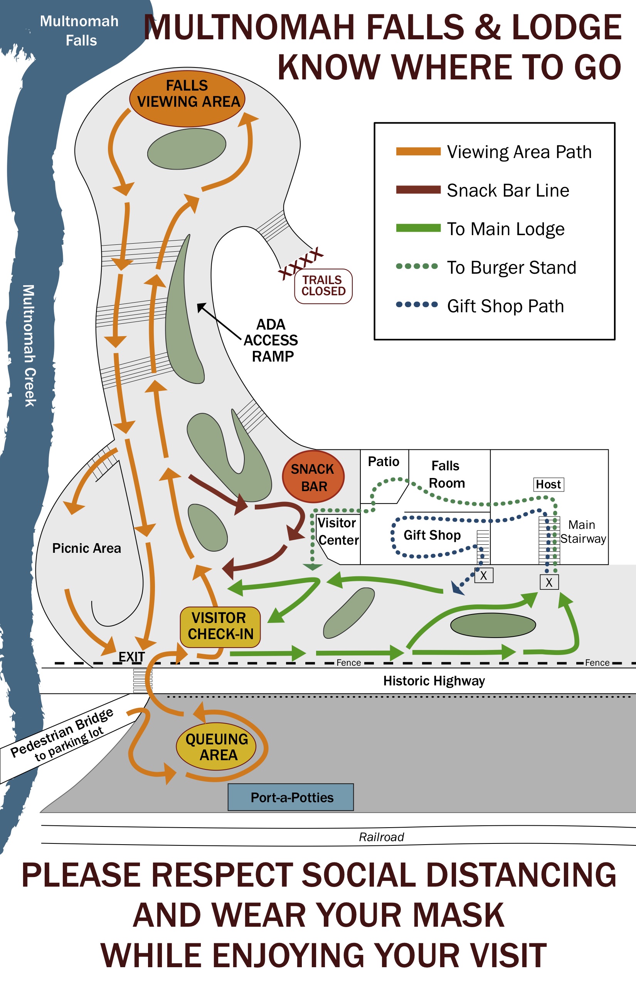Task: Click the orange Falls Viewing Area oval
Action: point(187,98)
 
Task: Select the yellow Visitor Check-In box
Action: point(220,626)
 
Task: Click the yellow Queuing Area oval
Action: point(216,746)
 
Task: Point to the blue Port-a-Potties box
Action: point(291,797)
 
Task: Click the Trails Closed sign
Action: point(323,286)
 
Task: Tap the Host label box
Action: point(549,484)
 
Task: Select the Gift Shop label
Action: point(432,535)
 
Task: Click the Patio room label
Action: point(384,461)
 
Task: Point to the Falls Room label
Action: point(446,474)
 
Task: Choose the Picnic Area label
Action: point(87,548)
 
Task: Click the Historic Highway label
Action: point(434,681)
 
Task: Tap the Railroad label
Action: point(381,837)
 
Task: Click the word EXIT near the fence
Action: point(132,657)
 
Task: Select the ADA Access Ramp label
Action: point(271,340)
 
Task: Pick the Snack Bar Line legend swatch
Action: point(418,190)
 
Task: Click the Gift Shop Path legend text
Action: point(505,306)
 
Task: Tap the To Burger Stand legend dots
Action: point(417,266)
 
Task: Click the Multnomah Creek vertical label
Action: point(29,346)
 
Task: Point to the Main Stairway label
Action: point(583,532)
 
